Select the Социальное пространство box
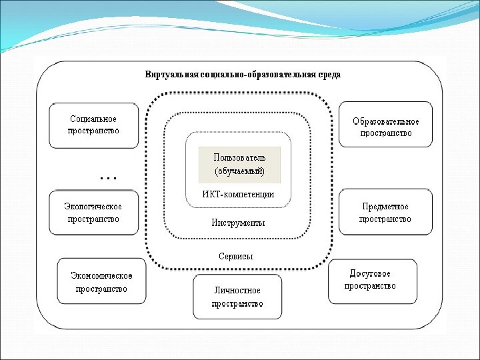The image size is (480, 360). point(93,125)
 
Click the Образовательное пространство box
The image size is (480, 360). point(385,125)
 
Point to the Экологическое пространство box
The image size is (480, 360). point(93,212)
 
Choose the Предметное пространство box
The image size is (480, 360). point(385,212)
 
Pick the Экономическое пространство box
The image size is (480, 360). point(101,281)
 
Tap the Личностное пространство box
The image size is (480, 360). point(237,297)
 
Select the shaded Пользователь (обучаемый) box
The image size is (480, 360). point(239,164)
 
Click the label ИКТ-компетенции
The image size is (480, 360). point(239,194)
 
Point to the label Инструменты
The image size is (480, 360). point(239,223)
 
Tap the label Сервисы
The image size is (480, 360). point(236,256)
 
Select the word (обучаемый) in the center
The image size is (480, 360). point(239,171)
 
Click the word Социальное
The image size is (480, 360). point(93,119)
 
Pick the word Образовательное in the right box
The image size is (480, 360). point(386,121)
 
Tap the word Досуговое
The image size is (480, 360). point(371,274)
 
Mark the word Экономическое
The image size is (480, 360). point(101,276)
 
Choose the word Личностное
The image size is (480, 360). point(237,291)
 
